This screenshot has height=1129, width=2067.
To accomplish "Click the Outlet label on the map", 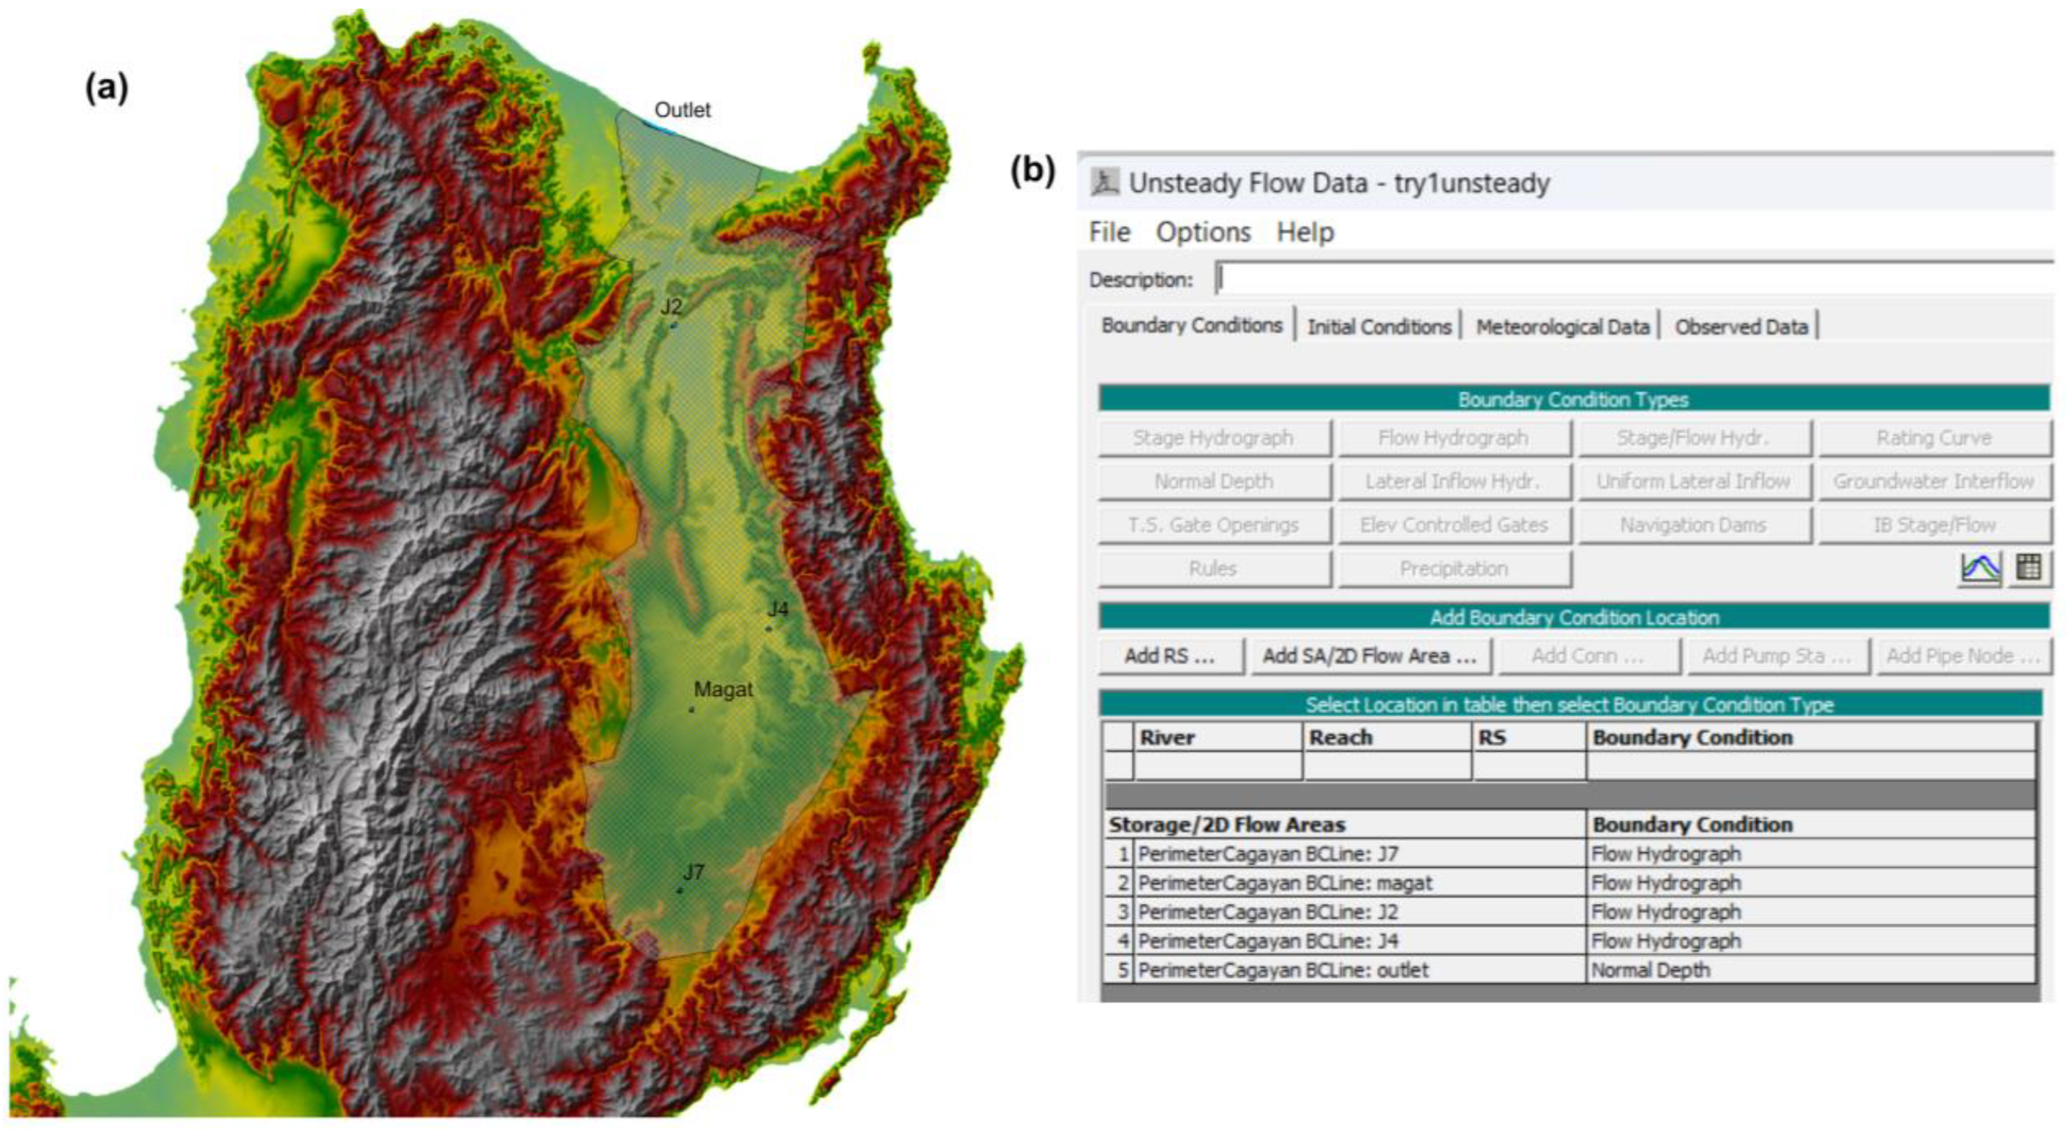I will (682, 110).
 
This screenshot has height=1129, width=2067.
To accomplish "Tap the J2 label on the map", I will (672, 307).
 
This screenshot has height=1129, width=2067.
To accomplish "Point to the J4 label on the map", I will (776, 609).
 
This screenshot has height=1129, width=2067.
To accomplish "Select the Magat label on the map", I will (723, 689).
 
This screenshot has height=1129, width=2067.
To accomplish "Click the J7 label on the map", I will (693, 871).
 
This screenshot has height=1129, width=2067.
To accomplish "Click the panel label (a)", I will (107, 87).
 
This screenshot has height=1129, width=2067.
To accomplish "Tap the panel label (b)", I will (1033, 170).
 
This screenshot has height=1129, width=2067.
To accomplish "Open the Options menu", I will (1203, 232).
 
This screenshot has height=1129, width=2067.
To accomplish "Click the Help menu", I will (1305, 232).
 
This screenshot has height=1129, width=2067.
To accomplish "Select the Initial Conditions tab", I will (1378, 327).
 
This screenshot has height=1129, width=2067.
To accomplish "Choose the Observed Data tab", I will (1740, 327).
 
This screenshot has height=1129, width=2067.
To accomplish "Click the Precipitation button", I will (1453, 569).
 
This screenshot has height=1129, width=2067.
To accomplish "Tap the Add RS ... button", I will (1169, 657).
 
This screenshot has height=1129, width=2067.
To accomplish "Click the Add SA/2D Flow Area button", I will (1370, 657).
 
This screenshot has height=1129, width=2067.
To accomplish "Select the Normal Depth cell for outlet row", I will (1650, 970).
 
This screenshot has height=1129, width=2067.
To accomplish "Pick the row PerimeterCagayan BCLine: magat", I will (1284, 884).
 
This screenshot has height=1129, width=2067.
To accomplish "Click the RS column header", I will (1492, 738).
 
